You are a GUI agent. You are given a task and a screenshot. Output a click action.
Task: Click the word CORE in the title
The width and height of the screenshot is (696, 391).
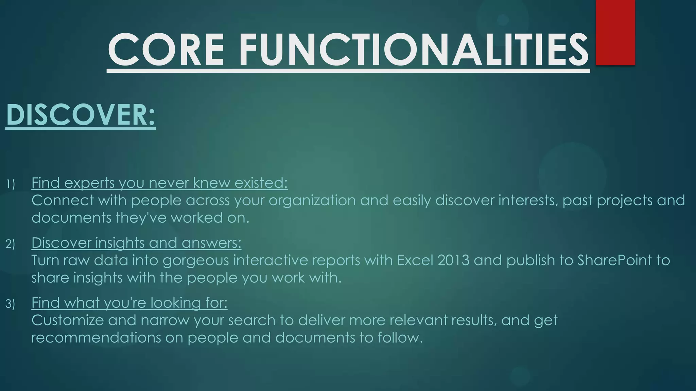point(166,50)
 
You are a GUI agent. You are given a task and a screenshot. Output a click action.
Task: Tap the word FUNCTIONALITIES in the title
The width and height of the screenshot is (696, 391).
point(414,50)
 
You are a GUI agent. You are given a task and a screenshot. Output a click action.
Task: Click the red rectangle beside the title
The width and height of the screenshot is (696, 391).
point(615,32)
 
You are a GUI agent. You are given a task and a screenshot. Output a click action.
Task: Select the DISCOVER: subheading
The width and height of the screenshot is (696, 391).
point(81,115)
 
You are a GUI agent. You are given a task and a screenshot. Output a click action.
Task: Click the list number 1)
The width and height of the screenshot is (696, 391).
point(11,184)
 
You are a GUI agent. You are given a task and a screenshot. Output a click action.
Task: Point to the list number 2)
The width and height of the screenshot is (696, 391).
point(11,244)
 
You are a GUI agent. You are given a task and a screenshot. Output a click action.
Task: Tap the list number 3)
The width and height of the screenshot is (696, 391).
point(11,304)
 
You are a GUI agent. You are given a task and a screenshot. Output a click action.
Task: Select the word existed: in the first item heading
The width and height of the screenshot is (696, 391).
point(261,183)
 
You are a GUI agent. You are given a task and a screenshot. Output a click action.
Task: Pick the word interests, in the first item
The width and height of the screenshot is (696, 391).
point(528,201)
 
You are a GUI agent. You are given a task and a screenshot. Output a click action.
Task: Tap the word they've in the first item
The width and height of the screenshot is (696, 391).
point(141,218)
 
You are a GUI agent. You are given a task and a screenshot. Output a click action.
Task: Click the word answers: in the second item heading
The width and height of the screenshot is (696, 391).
point(211,243)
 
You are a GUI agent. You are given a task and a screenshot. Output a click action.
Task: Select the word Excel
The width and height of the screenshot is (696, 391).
point(415,260)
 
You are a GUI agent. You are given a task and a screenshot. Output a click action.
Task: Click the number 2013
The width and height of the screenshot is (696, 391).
point(453,260)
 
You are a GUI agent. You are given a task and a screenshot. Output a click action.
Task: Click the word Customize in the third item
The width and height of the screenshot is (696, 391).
point(67,320)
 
